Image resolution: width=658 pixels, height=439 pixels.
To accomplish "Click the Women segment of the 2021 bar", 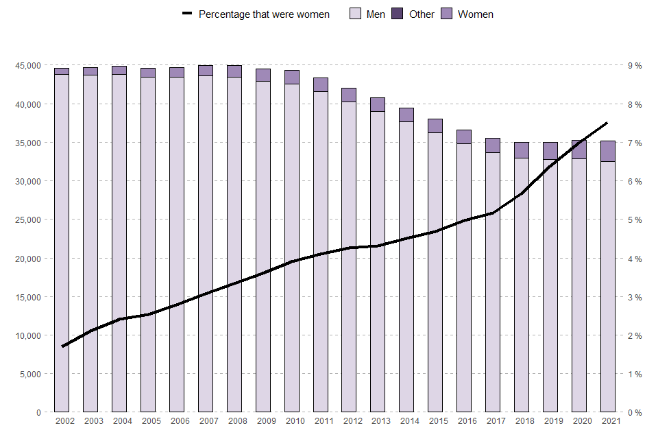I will (x=607, y=151).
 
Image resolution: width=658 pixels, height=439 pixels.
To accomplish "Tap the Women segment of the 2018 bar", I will (x=522, y=150).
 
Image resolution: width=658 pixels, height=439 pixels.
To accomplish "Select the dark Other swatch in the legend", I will (x=397, y=14).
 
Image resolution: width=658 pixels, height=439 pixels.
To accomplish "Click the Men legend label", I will (x=376, y=14).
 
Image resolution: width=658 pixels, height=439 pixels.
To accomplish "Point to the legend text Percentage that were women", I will (x=264, y=14).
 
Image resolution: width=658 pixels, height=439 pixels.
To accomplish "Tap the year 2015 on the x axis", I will (x=435, y=421).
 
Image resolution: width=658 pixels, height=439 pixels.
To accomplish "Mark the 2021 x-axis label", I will (x=607, y=421).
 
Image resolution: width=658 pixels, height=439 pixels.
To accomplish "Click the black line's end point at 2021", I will (x=607, y=123).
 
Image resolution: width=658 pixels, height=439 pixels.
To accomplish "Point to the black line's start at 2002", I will (x=62, y=346).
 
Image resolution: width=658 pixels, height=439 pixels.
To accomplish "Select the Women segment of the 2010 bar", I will (x=291, y=77).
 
